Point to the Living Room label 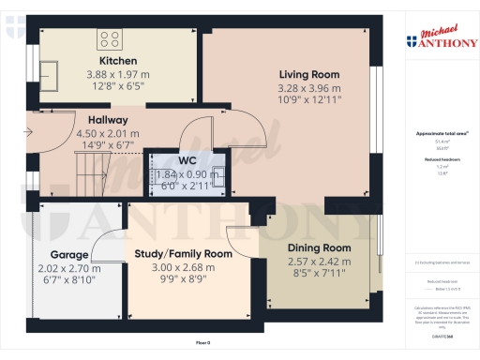point(308,74)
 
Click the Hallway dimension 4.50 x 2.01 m point(107,134)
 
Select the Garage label point(69,254)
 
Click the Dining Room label point(319,248)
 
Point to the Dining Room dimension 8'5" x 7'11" point(319,273)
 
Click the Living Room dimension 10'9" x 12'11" point(308,99)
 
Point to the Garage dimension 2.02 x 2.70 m point(69,267)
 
